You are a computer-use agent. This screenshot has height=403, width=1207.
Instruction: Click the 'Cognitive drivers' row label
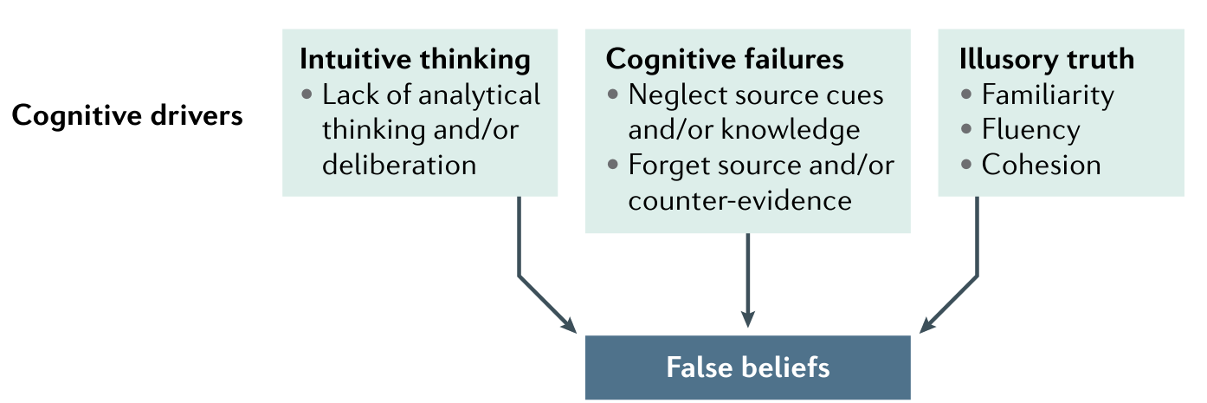(127, 116)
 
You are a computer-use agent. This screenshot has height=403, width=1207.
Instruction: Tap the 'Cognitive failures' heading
(725, 59)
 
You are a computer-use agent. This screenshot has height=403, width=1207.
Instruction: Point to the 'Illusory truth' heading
(1046, 59)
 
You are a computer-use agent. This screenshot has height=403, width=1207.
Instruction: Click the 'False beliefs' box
(747, 367)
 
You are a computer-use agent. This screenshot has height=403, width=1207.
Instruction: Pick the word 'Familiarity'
(1048, 94)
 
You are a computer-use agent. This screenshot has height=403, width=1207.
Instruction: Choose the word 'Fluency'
(1030, 130)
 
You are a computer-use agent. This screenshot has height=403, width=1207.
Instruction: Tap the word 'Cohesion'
(1041, 165)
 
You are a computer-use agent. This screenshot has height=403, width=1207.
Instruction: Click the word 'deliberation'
(399, 165)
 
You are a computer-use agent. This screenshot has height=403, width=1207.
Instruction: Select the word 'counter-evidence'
(740, 200)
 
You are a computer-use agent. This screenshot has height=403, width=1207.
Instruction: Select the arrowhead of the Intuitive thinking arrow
(568, 325)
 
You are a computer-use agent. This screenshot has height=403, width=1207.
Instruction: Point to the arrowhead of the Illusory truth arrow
(927, 325)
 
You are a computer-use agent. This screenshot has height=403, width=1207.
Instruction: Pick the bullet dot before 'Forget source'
(613, 165)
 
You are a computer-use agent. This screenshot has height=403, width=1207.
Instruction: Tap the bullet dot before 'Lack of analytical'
(307, 94)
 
